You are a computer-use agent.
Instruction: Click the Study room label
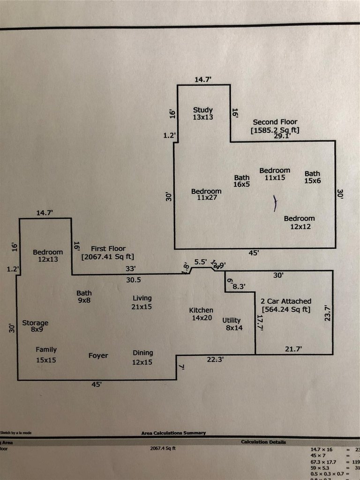point(203,110)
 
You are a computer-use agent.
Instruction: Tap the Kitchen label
point(201,310)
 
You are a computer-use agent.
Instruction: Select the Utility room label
point(232,321)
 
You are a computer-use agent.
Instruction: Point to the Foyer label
point(98,356)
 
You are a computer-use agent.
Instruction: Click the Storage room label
point(35,323)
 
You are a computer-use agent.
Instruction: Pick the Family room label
point(46,350)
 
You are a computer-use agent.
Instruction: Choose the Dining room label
point(142,353)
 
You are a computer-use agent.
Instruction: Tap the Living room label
point(142,298)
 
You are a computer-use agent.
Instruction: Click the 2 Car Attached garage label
point(286,301)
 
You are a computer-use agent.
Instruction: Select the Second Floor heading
point(275,122)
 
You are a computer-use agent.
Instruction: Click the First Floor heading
point(108,249)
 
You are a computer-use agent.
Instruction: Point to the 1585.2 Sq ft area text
point(275,130)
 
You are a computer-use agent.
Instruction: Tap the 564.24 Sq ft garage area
point(286,309)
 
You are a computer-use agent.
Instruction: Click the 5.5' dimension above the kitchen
point(200,262)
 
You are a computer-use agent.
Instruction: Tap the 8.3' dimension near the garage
point(239,286)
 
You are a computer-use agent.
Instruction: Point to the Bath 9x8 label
point(84,297)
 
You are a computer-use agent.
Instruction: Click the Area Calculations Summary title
point(173,433)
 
